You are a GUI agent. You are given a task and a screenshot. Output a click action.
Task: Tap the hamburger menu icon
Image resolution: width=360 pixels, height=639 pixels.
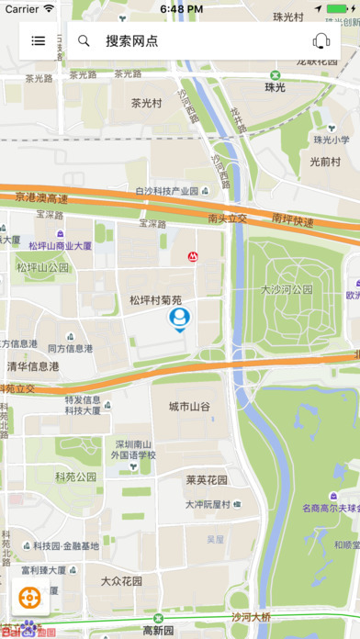[38, 40]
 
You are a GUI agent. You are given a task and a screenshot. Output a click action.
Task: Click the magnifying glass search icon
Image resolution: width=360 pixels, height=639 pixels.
[84, 40]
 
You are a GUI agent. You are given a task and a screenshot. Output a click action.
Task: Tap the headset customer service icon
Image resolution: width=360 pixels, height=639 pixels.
[321, 40]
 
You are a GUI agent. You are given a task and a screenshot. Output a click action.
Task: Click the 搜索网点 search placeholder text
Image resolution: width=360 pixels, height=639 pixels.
[131, 40]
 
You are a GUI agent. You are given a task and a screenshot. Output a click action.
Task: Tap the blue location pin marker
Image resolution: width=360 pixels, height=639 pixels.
[179, 319]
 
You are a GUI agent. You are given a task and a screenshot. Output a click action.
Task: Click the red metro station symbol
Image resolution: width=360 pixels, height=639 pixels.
[193, 257]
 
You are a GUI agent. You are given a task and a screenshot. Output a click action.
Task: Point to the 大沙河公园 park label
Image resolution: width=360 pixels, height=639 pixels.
[287, 288]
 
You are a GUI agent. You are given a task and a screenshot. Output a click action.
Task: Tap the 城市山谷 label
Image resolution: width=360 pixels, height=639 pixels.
[189, 406]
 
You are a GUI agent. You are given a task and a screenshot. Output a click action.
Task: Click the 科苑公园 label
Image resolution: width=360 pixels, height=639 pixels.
[75, 476]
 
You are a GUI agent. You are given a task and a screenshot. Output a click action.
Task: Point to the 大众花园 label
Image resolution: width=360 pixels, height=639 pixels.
[122, 581]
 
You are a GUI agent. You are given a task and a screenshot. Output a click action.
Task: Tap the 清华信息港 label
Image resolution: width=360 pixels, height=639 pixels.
[33, 365]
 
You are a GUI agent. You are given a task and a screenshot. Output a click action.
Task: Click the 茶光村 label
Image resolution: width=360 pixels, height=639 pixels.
[147, 104]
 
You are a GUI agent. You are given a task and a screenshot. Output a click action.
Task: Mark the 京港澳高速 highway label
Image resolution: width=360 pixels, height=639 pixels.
[41, 197]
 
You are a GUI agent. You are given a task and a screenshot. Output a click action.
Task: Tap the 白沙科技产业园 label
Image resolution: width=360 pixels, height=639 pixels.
[166, 191]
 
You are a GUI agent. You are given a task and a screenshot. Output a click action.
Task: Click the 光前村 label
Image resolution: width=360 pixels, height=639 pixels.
[325, 162]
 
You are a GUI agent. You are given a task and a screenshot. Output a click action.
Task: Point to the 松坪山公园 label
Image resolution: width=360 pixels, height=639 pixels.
[42, 267]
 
